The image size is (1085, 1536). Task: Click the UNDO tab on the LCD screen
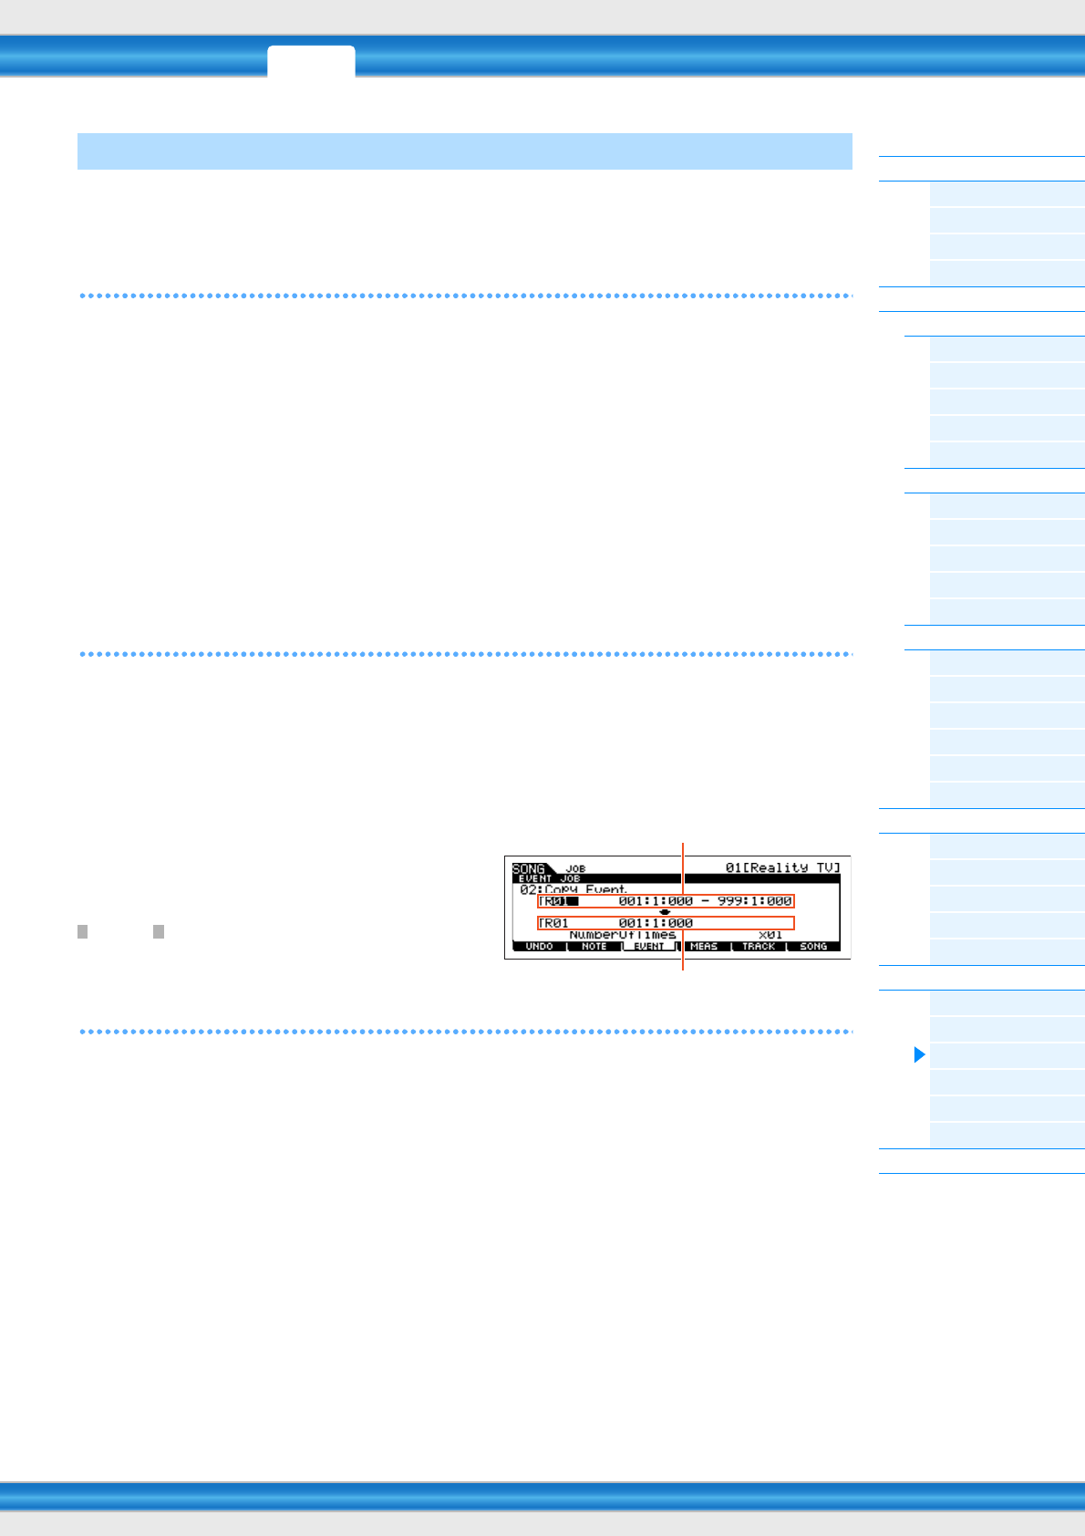click(539, 947)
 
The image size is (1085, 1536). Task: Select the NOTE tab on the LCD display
click(594, 947)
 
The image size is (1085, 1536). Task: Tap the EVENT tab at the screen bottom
click(649, 947)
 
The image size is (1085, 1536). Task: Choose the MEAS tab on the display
click(704, 947)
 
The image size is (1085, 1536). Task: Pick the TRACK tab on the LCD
click(759, 947)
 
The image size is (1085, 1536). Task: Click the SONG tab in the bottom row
click(813, 947)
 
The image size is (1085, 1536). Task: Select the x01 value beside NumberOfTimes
click(770, 935)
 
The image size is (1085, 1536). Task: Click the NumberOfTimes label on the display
click(623, 935)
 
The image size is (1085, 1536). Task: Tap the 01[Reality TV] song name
click(782, 867)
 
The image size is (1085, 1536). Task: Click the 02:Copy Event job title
click(573, 889)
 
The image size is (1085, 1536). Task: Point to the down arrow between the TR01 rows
click(665, 912)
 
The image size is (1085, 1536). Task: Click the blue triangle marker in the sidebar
click(919, 1055)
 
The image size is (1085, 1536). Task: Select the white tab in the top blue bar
click(311, 61)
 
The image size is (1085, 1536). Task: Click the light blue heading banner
click(464, 151)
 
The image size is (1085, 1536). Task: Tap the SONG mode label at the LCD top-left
click(529, 868)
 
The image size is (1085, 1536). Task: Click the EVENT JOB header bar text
click(550, 878)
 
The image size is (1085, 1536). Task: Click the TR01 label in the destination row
click(554, 923)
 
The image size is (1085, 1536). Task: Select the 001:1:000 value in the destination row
click(656, 923)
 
